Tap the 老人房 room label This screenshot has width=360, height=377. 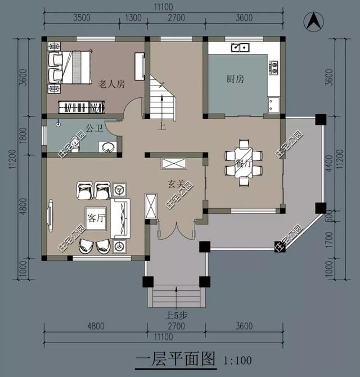111,83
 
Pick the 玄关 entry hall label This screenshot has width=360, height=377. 175,183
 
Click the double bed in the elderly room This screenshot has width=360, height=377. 70,67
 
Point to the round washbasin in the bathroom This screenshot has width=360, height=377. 107,147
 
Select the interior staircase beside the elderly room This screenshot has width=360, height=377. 162,98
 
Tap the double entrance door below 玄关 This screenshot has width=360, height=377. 176,231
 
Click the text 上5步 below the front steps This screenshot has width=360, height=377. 176,316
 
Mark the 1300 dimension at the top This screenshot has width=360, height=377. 133,17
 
